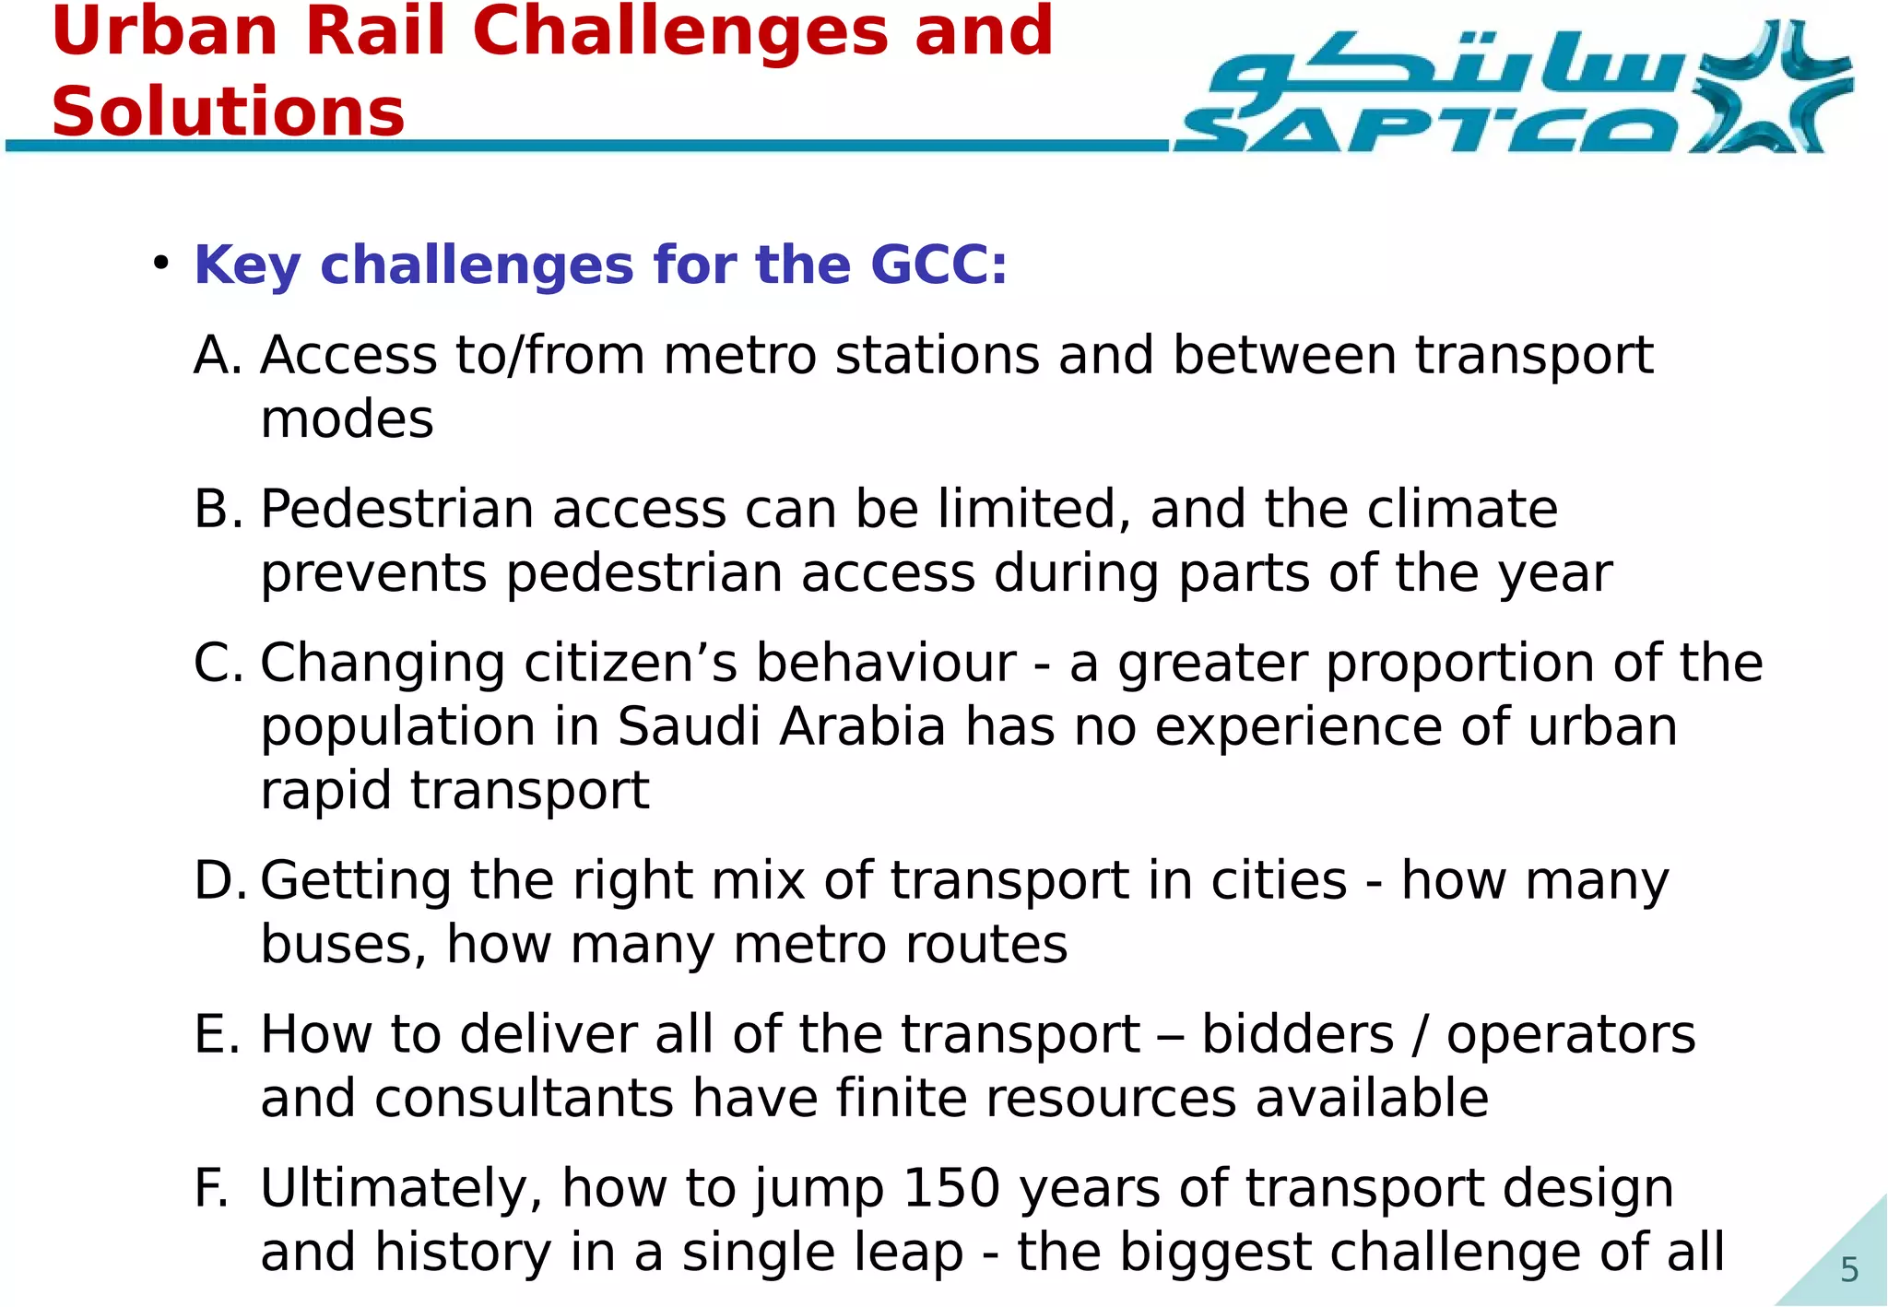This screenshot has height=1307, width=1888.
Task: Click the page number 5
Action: pyautogui.click(x=1848, y=1270)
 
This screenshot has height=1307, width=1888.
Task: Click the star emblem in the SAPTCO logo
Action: pyautogui.click(x=1768, y=88)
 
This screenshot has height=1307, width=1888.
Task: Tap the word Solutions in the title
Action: pyautogui.click(x=229, y=112)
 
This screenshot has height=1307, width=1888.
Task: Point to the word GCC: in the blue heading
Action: pyautogui.click(x=938, y=265)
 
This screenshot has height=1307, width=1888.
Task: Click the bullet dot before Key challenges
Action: pyautogui.click(x=161, y=264)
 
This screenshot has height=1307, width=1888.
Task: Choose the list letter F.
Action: pyautogui.click(x=210, y=1188)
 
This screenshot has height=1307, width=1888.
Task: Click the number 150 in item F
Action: pyautogui.click(x=951, y=1188)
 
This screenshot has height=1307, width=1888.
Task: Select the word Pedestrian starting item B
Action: pyautogui.click(x=397, y=509)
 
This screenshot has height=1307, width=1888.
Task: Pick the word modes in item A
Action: pyautogui.click(x=347, y=420)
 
